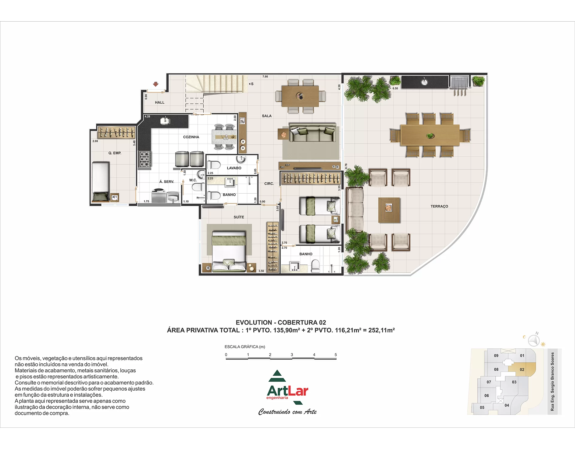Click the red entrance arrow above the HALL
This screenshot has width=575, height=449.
(x=156, y=84)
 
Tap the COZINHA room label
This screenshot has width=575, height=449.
(x=191, y=137)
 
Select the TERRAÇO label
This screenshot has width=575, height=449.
(x=439, y=206)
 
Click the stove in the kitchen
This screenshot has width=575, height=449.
(x=145, y=159)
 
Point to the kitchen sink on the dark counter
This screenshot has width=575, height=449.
(x=165, y=121)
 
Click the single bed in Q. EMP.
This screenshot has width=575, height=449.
(x=101, y=181)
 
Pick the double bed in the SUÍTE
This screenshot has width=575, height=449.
(x=229, y=251)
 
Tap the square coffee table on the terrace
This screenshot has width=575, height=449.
(x=389, y=210)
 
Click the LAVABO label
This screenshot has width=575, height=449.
(x=234, y=168)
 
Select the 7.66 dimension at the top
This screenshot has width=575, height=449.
(x=265, y=77)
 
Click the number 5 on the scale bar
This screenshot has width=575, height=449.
(x=336, y=355)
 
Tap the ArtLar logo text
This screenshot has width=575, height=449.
(x=287, y=391)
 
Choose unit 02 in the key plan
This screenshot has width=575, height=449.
(x=522, y=369)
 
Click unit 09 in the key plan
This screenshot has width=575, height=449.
(x=496, y=356)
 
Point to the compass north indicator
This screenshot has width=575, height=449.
(x=534, y=340)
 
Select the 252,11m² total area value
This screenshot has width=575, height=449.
(x=382, y=330)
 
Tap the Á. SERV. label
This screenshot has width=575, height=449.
(x=167, y=182)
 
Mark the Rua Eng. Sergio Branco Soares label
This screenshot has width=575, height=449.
(x=553, y=382)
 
